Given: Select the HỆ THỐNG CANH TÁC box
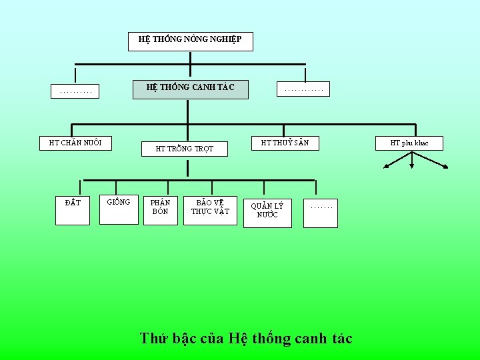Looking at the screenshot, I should (191, 87).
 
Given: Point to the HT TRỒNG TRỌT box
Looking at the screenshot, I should (185, 149).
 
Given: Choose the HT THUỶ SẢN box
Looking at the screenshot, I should (285, 143).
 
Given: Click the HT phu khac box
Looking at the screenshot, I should (410, 143).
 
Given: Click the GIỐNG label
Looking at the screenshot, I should (119, 201).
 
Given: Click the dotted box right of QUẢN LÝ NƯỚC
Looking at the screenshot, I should (321, 212).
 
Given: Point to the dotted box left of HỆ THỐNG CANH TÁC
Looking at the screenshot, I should (76, 91).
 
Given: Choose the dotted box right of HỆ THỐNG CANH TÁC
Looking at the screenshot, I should (303, 89).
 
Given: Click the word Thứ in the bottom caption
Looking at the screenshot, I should (155, 338).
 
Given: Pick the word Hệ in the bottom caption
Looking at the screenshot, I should (237, 338).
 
